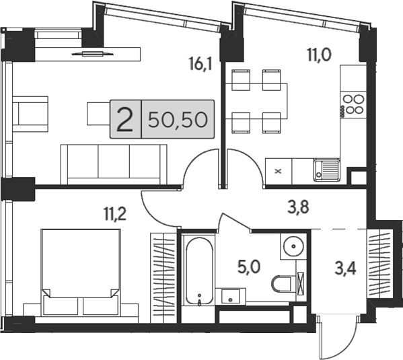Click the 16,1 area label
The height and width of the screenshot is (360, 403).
click(200, 64)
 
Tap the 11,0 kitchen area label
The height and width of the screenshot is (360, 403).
click(319, 55)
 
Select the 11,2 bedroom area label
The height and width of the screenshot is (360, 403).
click(115, 214)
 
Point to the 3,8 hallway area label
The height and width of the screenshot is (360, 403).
click(298, 207)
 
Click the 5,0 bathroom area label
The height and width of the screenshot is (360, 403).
click(249, 267)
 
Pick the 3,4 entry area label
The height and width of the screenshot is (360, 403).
click(345, 269)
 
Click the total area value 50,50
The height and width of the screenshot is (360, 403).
click(178, 120)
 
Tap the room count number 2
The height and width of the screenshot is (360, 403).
click(125, 120)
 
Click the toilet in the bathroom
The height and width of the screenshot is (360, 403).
click(282, 283)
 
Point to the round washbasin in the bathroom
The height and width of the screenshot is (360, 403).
click(293, 246)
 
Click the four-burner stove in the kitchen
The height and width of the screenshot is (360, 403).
click(354, 104)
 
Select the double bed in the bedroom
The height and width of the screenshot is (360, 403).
click(81, 272)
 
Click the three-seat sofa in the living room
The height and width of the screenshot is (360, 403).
click(114, 164)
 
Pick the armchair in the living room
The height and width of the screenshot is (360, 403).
click(30, 114)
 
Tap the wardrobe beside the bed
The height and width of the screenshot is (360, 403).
click(163, 278)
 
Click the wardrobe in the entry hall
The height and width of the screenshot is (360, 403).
click(379, 263)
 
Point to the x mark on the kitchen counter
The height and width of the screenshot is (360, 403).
click(278, 171)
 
